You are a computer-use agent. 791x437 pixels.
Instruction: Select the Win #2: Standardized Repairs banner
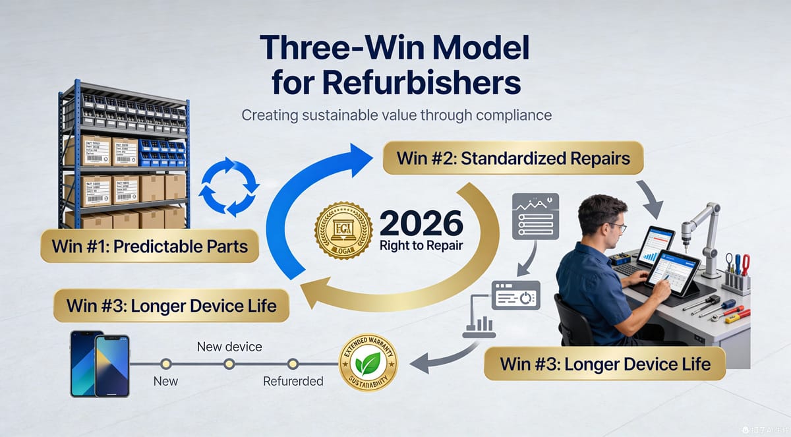tap(513, 158)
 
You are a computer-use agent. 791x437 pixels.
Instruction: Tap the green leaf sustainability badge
tap(368, 364)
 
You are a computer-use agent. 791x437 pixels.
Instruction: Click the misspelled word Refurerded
tap(293, 381)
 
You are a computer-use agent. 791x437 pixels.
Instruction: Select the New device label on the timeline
tap(229, 347)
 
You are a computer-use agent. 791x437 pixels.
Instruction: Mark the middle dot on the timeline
tap(229, 363)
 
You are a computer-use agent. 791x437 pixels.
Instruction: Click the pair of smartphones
tap(100, 364)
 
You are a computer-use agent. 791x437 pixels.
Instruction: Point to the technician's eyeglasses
tap(614, 228)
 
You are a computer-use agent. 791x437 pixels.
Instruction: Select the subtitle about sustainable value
tap(395, 115)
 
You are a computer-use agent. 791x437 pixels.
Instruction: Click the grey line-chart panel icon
tap(535, 216)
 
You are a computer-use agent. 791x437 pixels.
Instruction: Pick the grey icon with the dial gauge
tap(515, 295)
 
